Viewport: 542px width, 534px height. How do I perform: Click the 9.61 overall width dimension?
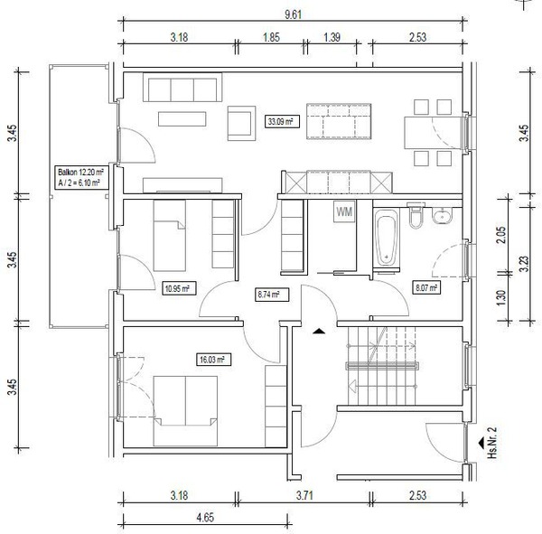293,14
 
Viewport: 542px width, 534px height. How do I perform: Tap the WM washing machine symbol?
344,211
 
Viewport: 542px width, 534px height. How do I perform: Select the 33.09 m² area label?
281,122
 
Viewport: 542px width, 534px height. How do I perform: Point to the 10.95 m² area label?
179,288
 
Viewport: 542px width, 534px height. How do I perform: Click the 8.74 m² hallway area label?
272,295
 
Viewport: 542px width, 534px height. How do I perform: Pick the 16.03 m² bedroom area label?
213,360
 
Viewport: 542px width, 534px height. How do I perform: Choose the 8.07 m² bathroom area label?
427,287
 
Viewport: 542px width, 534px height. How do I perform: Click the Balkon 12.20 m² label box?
82,177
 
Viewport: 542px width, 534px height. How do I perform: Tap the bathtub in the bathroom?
386,238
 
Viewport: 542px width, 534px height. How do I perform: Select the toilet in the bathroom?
416,215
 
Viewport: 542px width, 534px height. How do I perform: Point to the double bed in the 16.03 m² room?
185,411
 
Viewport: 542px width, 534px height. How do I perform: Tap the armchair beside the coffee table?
241,123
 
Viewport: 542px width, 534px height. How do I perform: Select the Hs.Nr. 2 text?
492,443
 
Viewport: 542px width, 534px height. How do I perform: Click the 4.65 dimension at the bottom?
205,518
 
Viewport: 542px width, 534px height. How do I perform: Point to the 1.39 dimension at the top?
332,37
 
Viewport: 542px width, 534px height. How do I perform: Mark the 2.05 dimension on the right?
501,235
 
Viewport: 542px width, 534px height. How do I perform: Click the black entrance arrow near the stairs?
319,332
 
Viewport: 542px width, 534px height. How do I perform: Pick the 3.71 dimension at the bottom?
304,496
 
